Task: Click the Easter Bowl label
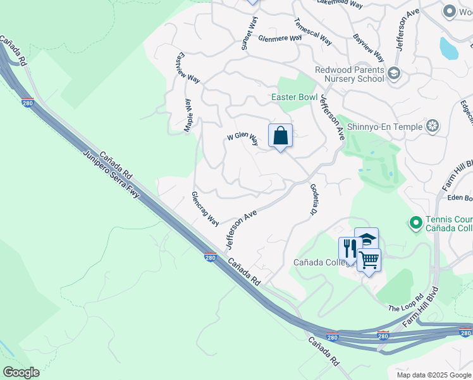point(294,98)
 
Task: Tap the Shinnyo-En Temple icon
point(433,127)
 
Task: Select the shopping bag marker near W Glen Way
point(280,136)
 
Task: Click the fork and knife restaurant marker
point(349,248)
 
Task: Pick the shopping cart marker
point(369,259)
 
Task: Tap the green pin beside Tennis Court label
point(415,223)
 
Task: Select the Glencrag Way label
point(206,209)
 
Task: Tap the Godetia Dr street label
point(313,200)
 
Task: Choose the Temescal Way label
point(312,30)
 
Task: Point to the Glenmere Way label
point(279,39)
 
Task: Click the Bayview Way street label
point(369,47)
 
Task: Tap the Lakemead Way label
point(340,4)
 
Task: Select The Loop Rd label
point(405,303)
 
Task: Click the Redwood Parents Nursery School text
point(350,74)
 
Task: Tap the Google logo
point(21,372)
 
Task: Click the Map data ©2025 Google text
point(433,375)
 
